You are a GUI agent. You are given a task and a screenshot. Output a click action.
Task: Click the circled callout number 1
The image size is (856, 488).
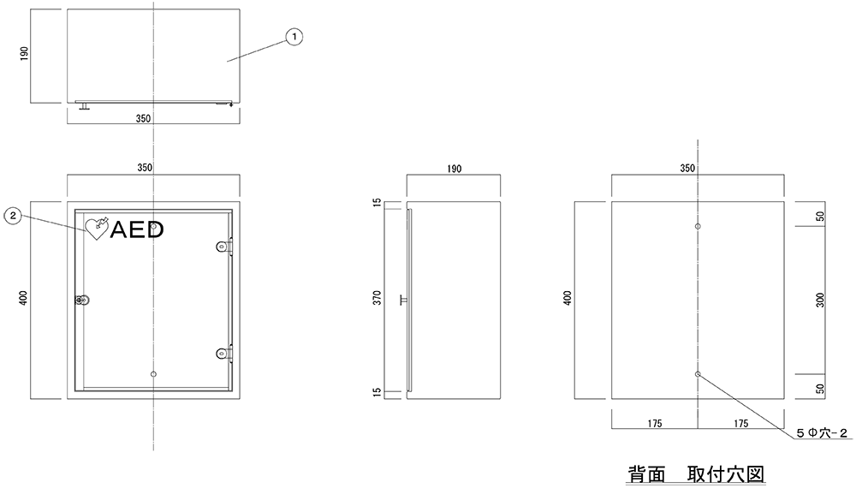click(294, 36)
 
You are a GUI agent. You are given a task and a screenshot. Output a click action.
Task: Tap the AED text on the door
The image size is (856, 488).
click(136, 229)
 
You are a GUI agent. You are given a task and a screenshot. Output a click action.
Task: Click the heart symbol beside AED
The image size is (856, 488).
click(94, 228)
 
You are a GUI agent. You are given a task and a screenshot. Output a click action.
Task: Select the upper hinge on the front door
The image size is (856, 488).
click(223, 247)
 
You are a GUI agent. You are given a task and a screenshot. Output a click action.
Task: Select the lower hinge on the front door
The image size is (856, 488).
click(223, 351)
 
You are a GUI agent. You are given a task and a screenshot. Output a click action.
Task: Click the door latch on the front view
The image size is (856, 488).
click(82, 300)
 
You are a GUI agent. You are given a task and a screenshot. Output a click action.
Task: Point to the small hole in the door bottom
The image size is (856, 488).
click(153, 374)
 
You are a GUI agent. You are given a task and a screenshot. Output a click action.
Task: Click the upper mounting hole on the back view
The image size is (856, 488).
click(698, 227)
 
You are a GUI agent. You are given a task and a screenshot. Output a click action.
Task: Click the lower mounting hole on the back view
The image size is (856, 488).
click(698, 374)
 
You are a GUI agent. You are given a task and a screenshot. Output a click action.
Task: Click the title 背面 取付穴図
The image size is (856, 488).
click(694, 473)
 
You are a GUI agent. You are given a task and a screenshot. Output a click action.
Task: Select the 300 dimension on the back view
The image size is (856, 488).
click(819, 301)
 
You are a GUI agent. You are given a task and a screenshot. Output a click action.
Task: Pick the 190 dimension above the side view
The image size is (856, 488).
click(454, 170)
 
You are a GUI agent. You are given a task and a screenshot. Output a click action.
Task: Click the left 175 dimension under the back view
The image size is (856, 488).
click(655, 423)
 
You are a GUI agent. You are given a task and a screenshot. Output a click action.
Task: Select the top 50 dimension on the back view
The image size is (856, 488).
click(819, 216)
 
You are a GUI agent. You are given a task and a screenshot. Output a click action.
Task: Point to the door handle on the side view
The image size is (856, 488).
click(402, 300)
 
